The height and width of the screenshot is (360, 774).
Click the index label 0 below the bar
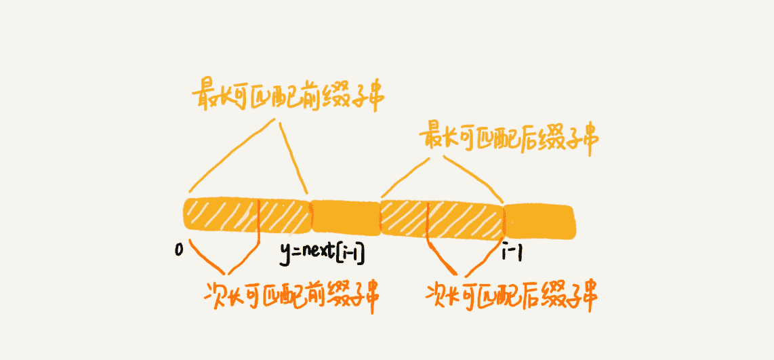coord(179,250)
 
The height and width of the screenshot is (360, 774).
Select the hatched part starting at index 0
coord(221,216)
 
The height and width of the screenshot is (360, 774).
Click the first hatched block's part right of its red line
coord(284,216)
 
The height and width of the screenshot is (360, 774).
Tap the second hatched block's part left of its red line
coord(404,217)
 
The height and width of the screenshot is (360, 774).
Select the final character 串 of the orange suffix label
coord(588,296)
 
